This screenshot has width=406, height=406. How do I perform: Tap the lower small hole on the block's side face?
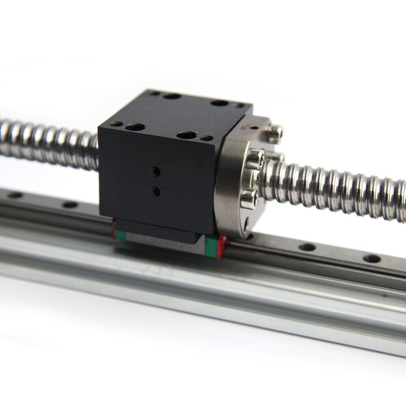click(155, 191)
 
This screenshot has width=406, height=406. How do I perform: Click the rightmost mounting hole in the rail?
click(371, 259)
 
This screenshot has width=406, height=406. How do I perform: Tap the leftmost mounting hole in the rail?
click(15, 195)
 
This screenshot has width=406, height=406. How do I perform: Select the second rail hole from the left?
click(70, 205)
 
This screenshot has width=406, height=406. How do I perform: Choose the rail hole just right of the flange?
click(307, 247)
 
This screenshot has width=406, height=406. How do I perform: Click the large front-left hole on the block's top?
click(135, 127)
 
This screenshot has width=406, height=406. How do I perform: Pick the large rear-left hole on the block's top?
click(172, 97)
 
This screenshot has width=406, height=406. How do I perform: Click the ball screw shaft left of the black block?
click(49, 140)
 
